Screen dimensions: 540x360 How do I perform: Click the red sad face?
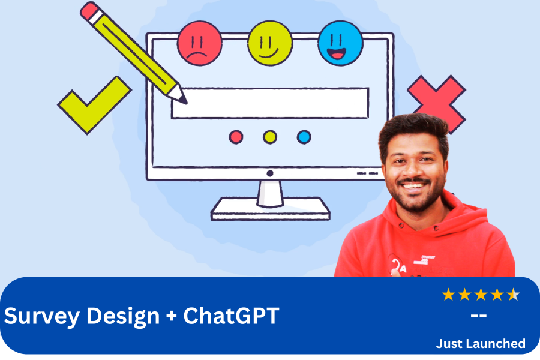pyautogui.click(x=199, y=43)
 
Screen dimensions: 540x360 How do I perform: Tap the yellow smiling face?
pyautogui.click(x=270, y=43)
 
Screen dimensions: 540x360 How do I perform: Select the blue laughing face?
pyautogui.click(x=340, y=43)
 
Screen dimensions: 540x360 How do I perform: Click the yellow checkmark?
pyautogui.click(x=94, y=105)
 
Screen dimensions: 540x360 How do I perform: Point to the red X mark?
pyautogui.click(x=437, y=100)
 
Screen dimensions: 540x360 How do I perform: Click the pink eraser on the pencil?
pyautogui.click(x=89, y=11)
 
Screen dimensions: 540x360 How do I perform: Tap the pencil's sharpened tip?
pyautogui.click(x=184, y=101)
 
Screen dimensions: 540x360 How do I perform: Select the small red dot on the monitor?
pyautogui.click(x=236, y=137)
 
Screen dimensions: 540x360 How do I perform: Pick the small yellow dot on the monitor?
pyautogui.click(x=270, y=137)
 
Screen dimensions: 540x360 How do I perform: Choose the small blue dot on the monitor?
pyautogui.click(x=304, y=137)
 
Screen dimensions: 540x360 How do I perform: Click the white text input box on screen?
pyautogui.click(x=271, y=103)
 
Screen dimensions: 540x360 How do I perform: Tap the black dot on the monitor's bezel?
pyautogui.click(x=270, y=173)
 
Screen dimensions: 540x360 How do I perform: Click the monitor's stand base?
pyautogui.click(x=271, y=209)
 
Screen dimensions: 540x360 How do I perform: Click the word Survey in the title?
pyautogui.click(x=41, y=316)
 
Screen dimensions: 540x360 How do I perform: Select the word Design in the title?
pyautogui.click(x=123, y=316)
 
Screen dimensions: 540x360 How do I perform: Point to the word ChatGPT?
pyautogui.click(x=231, y=315)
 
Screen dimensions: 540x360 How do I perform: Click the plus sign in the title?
pyautogui.click(x=171, y=316)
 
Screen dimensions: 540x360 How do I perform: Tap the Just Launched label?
pyautogui.click(x=481, y=343)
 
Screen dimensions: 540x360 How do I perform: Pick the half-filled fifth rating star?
pyautogui.click(x=513, y=295)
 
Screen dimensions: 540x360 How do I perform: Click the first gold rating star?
pyautogui.click(x=448, y=295)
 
